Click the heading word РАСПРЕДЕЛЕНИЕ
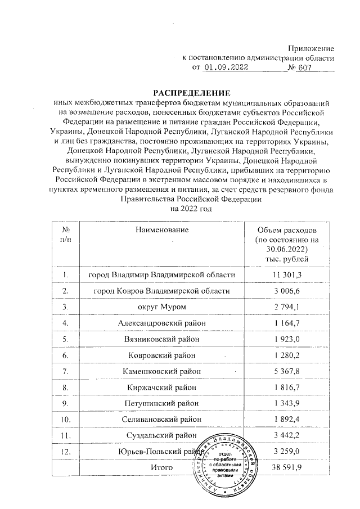point(185,92)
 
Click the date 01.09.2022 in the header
point(226,68)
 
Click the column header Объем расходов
point(286,231)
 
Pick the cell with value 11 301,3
point(286,274)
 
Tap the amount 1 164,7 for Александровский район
point(286,323)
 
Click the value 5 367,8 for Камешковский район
point(286,371)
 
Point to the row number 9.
point(66,403)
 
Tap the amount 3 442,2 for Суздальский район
point(286,435)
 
